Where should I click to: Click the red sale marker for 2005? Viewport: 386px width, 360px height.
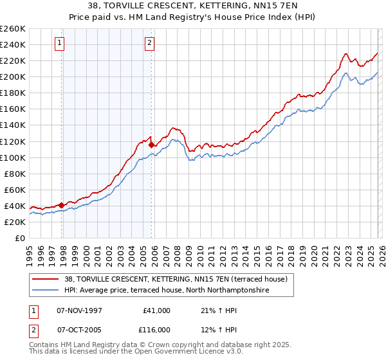click(151, 145)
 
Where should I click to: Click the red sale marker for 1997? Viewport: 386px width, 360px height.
click(62, 205)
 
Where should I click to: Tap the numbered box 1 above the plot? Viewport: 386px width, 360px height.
click(59, 43)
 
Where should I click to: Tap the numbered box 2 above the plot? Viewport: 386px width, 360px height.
click(149, 43)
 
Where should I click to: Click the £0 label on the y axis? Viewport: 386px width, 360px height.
click(19, 238)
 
